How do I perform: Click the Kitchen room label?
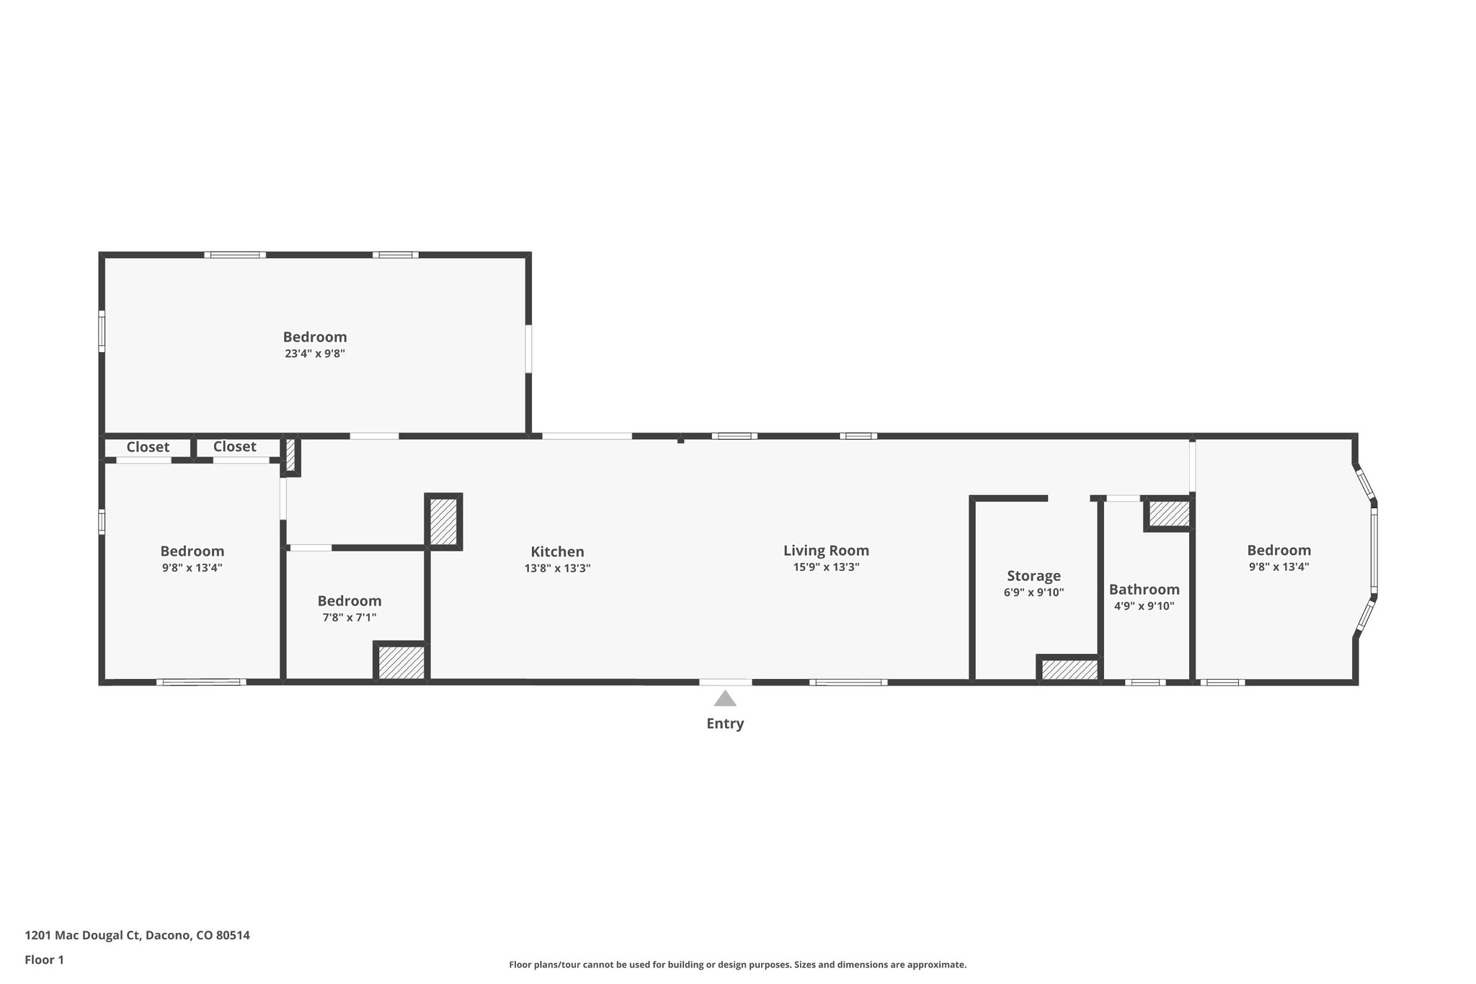point(557,552)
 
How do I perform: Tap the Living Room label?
point(826,551)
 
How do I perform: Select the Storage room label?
point(1033,576)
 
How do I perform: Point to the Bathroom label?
point(1144,590)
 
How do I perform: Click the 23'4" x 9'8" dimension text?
point(315,354)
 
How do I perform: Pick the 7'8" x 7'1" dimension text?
point(350,618)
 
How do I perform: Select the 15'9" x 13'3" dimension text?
point(826,567)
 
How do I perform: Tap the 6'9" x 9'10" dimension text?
point(1033,593)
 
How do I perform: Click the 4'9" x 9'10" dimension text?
point(1144,606)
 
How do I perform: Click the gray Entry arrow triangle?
point(725,699)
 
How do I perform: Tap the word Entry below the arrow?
point(725,724)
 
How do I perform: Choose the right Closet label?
point(234,447)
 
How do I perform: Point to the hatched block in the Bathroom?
point(1168,514)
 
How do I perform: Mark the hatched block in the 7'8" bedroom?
point(401,662)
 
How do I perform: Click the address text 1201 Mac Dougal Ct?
point(137,936)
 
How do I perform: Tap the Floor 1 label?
point(45,960)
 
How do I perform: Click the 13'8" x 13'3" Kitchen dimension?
point(557,569)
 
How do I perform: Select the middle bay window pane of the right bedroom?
point(1374,551)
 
